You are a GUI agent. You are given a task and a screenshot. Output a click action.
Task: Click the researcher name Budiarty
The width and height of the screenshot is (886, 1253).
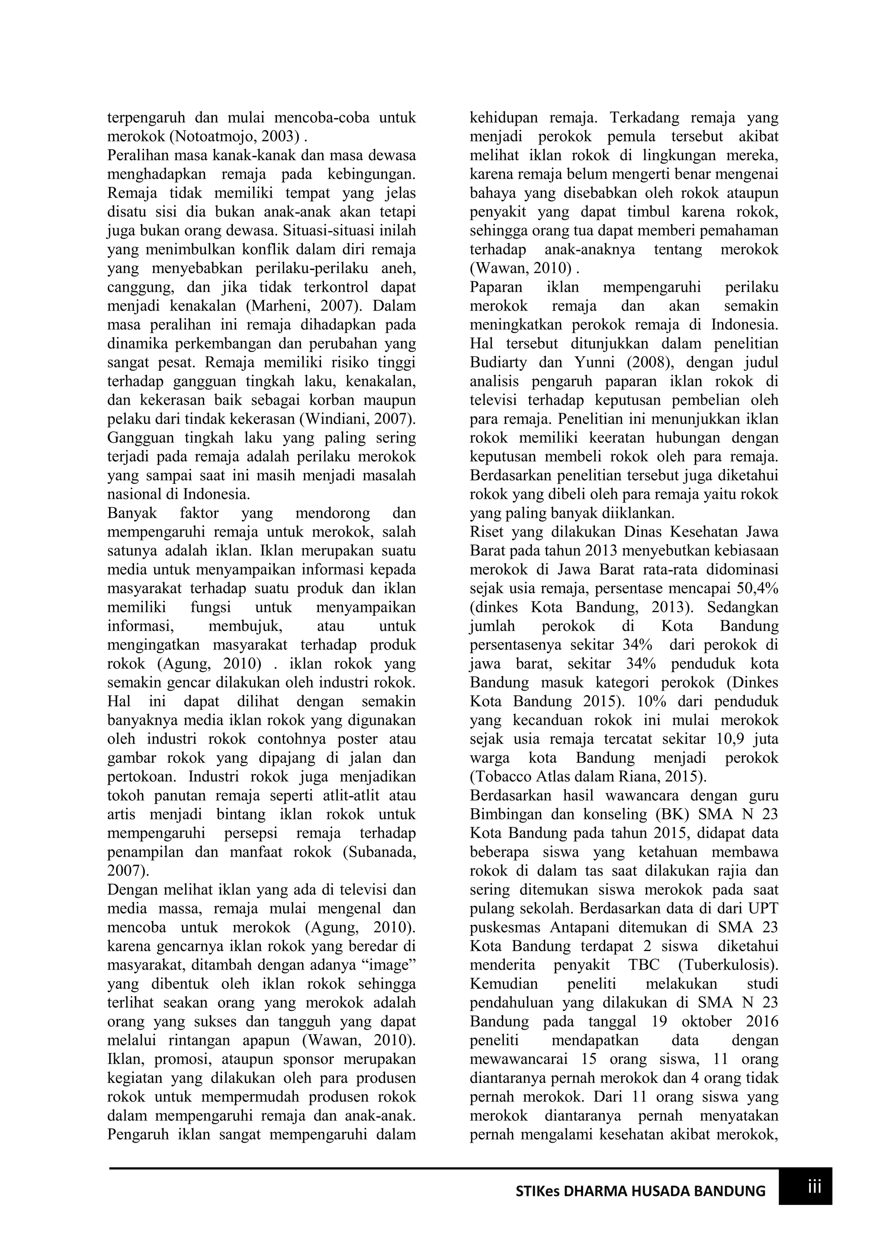click(498, 363)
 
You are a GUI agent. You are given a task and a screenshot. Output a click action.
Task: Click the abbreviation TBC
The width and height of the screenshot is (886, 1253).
click(644, 965)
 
